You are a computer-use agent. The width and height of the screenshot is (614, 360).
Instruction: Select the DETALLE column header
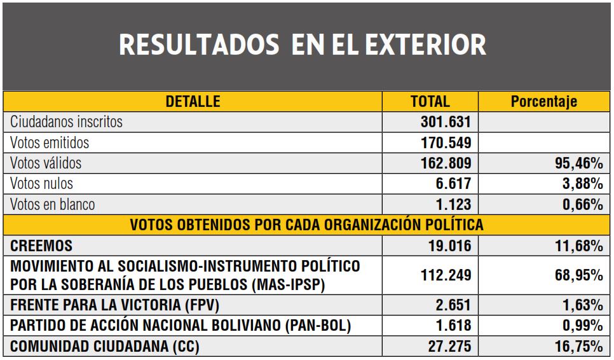(193, 101)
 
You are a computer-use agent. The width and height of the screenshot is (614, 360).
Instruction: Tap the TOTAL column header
(430, 101)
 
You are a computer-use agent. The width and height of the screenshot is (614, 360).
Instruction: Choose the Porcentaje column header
(543, 102)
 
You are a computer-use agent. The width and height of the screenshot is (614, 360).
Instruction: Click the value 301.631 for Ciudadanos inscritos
(446, 121)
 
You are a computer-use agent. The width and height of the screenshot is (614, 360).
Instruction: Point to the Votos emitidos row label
(50, 142)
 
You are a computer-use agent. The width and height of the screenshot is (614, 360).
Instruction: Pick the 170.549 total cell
(446, 142)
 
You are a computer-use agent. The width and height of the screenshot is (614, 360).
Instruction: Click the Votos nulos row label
(42, 184)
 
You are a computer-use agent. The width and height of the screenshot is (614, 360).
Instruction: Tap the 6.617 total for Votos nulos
(453, 184)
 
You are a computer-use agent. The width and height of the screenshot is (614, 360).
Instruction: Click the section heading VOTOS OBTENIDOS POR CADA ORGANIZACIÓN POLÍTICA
(307, 225)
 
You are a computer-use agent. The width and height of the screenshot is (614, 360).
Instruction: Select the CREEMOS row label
(41, 245)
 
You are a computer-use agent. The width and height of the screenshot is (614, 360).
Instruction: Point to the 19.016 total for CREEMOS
(449, 246)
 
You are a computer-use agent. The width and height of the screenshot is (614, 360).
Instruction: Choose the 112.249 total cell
(446, 275)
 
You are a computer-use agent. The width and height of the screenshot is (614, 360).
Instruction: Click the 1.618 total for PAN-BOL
(453, 326)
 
